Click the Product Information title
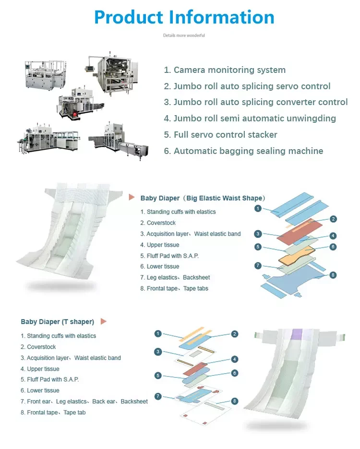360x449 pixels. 184,17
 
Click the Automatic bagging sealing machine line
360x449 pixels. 243,151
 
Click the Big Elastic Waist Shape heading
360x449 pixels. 203,198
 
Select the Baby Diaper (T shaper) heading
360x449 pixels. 57,321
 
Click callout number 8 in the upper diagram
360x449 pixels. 333,275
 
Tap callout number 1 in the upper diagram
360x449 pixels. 258,208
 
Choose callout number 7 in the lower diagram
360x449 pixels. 158,396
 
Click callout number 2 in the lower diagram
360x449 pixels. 235,334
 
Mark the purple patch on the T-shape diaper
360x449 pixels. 297,334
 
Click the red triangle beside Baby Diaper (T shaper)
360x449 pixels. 103,321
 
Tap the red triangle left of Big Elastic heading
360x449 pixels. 132,197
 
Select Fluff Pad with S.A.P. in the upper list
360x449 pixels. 169,256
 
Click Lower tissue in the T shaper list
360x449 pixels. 40,390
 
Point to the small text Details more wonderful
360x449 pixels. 184,35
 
